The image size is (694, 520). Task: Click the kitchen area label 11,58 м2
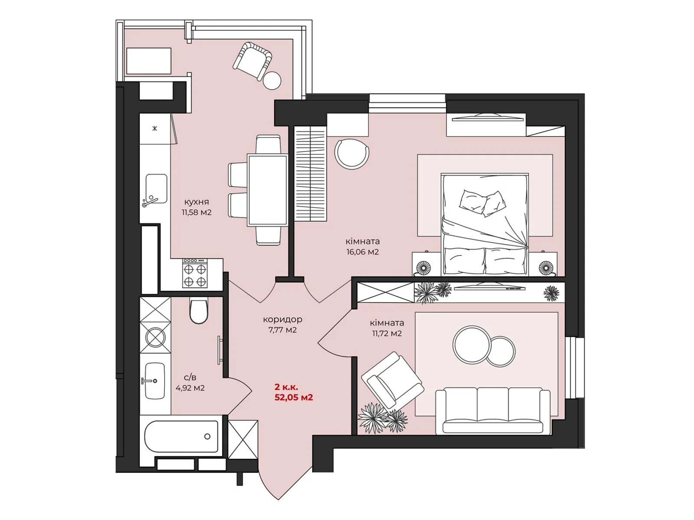click(196, 212)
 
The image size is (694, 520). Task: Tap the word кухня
click(196, 202)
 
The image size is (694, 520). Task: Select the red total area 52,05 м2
click(293, 397)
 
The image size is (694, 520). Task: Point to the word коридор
click(282, 319)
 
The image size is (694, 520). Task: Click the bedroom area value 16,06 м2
click(362, 252)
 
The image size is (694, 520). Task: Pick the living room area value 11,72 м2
click(386, 333)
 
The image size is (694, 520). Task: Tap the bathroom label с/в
click(190, 377)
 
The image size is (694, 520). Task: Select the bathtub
click(181, 436)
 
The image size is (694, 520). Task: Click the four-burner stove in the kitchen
click(195, 273)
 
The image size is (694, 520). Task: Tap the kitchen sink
click(156, 189)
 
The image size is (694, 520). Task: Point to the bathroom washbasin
click(154, 381)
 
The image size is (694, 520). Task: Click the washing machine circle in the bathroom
click(155, 338)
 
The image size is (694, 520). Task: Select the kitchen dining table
click(268, 190)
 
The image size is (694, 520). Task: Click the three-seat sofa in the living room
click(493, 411)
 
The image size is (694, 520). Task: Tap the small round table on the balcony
click(272, 81)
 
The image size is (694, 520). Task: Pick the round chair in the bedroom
click(352, 154)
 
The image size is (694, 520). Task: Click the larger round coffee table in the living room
click(472, 345)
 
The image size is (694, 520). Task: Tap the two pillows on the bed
click(482, 203)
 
